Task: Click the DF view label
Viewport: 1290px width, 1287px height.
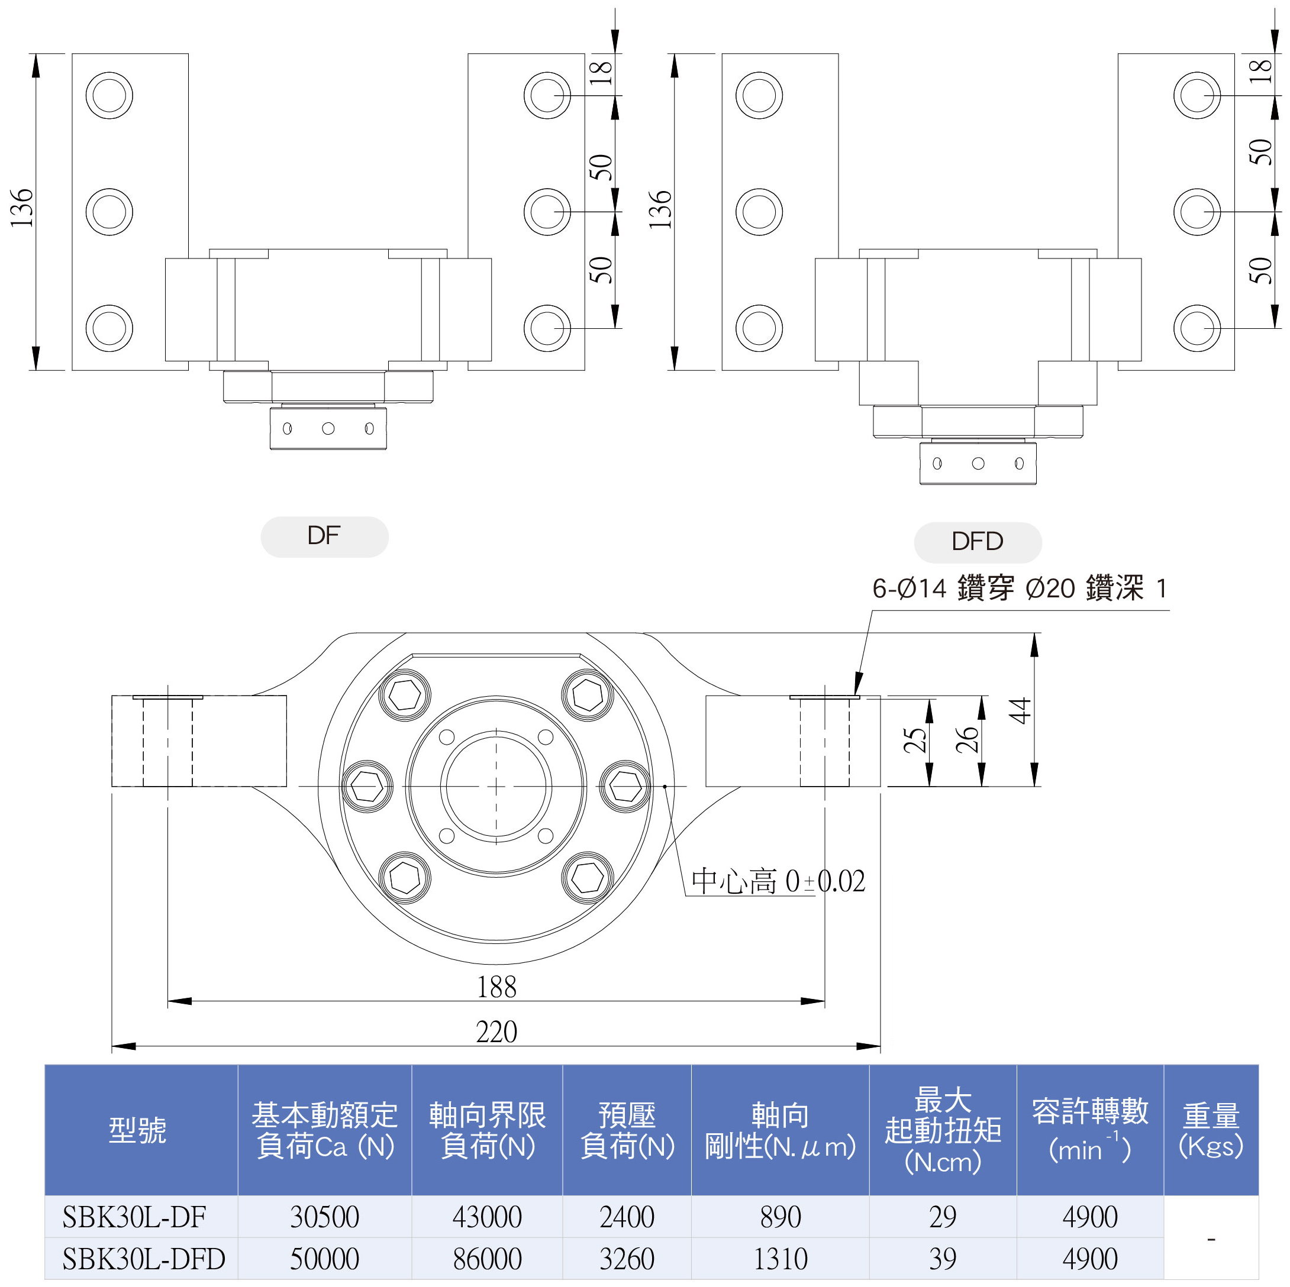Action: [x=324, y=536]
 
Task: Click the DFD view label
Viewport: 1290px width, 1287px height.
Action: [x=977, y=541]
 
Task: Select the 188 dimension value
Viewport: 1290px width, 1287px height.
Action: [x=496, y=987]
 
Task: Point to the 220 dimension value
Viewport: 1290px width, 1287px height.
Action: [x=496, y=1032]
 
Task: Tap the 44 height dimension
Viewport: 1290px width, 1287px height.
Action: [x=1020, y=710]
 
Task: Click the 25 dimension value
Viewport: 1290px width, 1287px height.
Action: [x=915, y=740]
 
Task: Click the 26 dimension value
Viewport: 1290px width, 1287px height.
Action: [x=966, y=740]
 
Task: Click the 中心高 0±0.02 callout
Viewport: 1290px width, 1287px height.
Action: [x=778, y=881]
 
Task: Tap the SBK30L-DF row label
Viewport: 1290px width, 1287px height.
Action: [x=134, y=1216]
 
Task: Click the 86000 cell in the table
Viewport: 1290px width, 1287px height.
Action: [x=487, y=1259]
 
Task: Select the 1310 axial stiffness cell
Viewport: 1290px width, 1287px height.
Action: [x=780, y=1259]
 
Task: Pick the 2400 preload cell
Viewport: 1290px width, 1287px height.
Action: [x=626, y=1216]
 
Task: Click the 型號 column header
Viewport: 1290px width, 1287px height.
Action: [x=137, y=1130]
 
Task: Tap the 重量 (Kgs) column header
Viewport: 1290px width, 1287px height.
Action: [x=1211, y=1130]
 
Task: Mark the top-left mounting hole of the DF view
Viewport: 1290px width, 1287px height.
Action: [x=109, y=95]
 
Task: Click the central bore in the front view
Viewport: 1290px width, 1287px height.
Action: [x=496, y=787]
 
